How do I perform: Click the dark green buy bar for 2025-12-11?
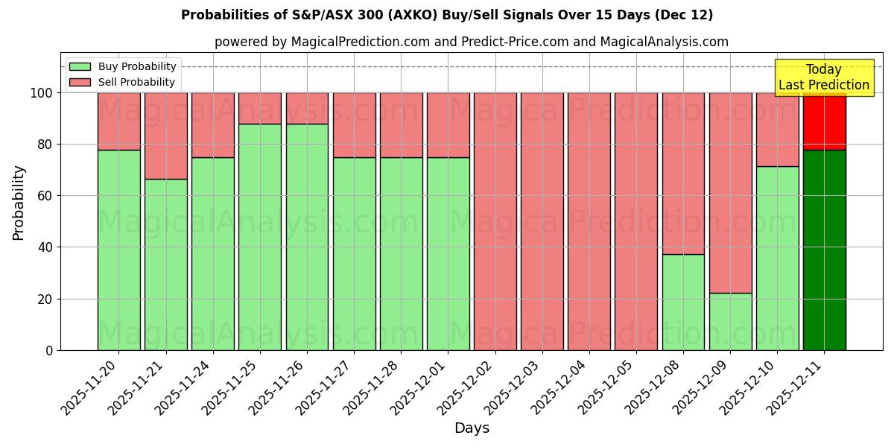tap(824, 250)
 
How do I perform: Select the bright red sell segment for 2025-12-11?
tap(824, 121)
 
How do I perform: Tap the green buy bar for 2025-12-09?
tap(730, 321)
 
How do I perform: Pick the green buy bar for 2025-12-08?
tap(683, 302)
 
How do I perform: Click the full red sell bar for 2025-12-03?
tap(542, 221)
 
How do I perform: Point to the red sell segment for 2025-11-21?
tap(165, 136)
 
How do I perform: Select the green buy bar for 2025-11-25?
tap(260, 237)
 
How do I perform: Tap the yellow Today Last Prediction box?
tap(823, 77)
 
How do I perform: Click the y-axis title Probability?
tap(19, 202)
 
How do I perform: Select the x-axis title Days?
tap(472, 428)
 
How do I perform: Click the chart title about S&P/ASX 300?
tap(447, 15)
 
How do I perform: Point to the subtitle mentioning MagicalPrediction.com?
tap(472, 42)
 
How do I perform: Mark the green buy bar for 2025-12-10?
tap(777, 258)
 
